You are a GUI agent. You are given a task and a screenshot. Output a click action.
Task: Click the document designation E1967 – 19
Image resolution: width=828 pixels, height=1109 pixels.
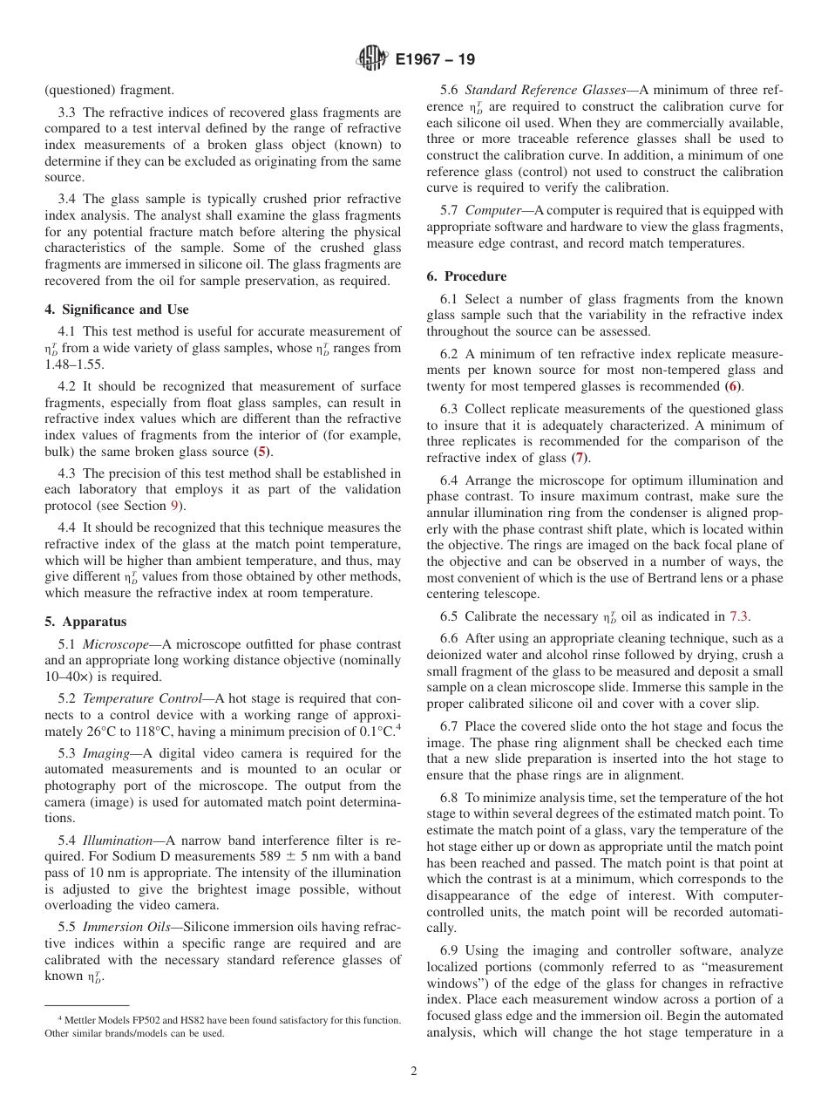point(435,60)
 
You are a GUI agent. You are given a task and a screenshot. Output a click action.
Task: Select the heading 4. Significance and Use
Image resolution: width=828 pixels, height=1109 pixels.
point(116,310)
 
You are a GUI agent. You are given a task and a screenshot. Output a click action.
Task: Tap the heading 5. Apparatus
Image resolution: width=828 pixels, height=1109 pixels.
point(85,622)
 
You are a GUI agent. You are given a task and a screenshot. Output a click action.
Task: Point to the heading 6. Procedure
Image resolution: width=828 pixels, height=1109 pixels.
point(466,276)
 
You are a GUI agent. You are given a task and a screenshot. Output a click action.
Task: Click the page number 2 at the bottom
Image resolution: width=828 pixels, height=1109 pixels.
point(414,1072)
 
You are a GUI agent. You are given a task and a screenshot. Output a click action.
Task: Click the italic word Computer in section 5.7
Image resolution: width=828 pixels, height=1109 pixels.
point(493,210)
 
